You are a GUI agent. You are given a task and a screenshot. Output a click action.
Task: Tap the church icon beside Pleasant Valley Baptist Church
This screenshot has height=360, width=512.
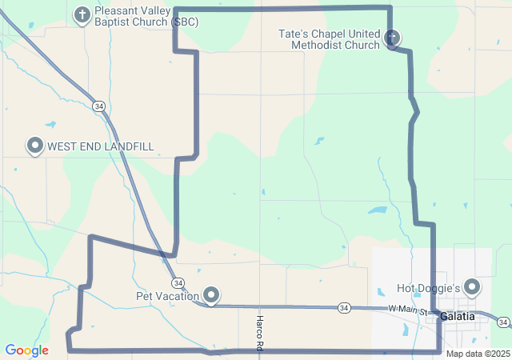point(82,14)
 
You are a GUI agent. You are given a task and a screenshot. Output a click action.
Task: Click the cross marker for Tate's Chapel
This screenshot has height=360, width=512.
point(392,37)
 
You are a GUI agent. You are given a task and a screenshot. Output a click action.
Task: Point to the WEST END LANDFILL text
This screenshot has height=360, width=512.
point(100,146)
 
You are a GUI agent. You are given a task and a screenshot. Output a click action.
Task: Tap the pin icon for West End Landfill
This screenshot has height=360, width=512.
point(35,146)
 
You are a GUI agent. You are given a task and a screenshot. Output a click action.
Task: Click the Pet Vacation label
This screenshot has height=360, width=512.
point(167,296)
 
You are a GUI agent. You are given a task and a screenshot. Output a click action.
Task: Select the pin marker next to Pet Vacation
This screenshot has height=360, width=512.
point(211,295)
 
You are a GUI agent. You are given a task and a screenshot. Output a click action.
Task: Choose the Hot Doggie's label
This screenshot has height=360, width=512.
point(428,288)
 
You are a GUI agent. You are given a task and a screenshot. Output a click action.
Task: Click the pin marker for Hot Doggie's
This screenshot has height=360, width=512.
point(472,286)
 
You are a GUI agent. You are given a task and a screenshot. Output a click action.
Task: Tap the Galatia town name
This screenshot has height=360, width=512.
point(457,317)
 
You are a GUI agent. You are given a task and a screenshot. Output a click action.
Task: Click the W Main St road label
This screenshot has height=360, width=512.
point(409,310)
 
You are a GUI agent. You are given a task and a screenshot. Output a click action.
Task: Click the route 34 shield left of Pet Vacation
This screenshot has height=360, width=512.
point(178,283)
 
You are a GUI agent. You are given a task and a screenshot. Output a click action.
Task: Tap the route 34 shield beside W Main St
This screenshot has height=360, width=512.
point(343,307)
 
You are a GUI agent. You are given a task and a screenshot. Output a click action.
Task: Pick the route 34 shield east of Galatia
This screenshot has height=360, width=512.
point(503,322)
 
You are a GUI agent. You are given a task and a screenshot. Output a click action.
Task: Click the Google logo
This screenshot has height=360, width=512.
point(26,350)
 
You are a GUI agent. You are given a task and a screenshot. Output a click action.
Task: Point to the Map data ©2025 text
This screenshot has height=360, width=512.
point(477,354)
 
